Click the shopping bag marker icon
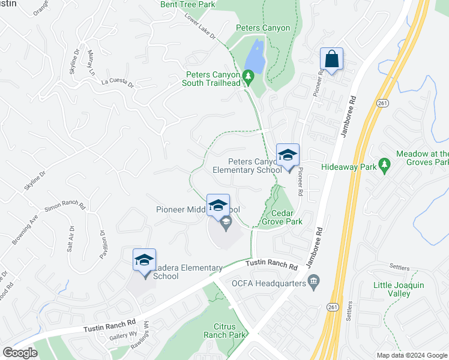(x=331, y=59)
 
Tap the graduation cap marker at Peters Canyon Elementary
(x=288, y=155)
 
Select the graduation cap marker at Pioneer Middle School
(x=218, y=205)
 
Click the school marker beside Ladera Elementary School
(x=144, y=260)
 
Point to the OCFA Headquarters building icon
(x=313, y=282)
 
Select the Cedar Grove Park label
(x=282, y=217)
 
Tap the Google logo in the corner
(x=20, y=352)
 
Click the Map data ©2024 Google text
(x=411, y=355)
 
